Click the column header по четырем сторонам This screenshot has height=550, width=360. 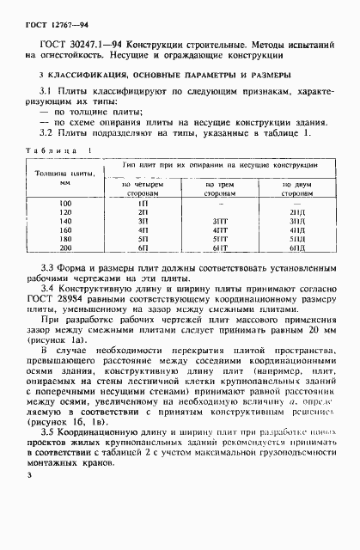143,189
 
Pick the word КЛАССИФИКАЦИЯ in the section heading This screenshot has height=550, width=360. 80,76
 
